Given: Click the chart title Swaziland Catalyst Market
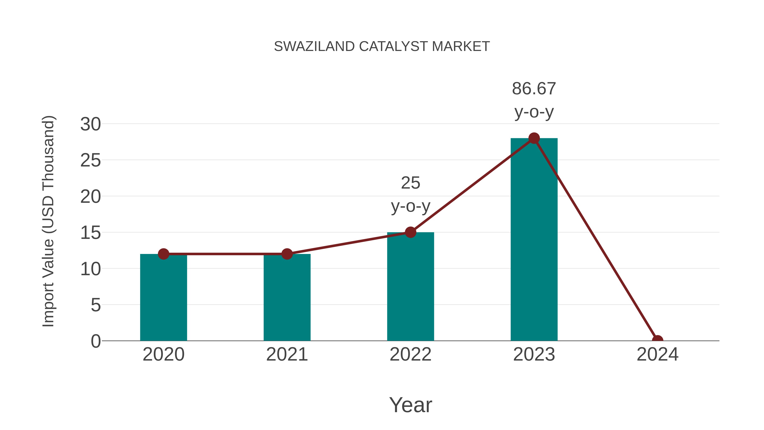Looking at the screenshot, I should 382,46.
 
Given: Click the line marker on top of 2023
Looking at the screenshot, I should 534,138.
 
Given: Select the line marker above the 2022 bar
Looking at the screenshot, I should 410,232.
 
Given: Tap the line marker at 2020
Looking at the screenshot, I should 163,254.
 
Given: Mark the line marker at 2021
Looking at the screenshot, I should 287,254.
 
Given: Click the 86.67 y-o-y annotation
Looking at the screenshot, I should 534,100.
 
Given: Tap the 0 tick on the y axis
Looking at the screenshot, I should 95,341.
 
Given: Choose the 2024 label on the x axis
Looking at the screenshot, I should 657,354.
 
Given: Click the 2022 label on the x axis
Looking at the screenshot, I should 410,354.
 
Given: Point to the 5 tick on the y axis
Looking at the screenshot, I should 95,305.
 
